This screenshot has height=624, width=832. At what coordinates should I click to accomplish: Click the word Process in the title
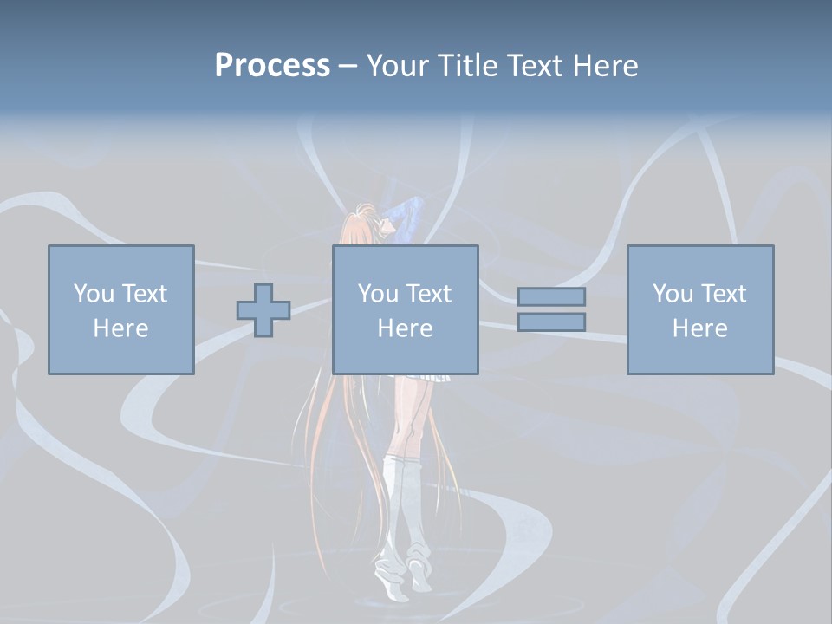pyautogui.click(x=272, y=65)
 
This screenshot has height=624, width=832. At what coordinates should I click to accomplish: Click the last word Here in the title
pyautogui.click(x=604, y=65)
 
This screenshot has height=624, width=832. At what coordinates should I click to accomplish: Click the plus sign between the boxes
pyautogui.click(x=263, y=309)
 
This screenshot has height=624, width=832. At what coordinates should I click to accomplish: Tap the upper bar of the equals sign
pyautogui.click(x=551, y=297)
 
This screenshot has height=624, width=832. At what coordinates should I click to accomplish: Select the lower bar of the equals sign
pyautogui.click(x=551, y=322)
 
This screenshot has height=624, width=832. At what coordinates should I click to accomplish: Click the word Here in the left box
pyautogui.click(x=120, y=328)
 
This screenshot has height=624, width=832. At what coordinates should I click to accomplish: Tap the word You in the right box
pyautogui.click(x=673, y=294)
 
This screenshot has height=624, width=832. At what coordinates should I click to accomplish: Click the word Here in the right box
pyautogui.click(x=699, y=328)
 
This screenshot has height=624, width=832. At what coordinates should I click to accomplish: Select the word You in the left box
pyautogui.click(x=94, y=294)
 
